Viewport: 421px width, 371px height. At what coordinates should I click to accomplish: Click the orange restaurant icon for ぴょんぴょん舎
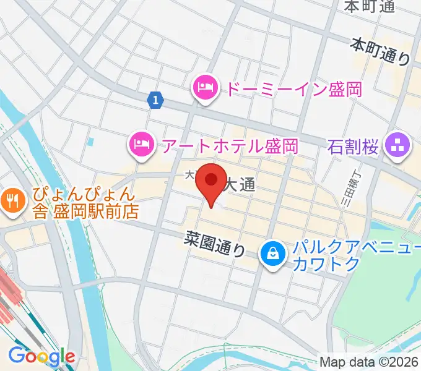point(12,200)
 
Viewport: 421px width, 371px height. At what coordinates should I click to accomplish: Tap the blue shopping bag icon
point(271,253)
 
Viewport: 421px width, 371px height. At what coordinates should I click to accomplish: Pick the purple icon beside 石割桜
point(397,147)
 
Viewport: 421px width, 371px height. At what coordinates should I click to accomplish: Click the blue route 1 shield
point(155,99)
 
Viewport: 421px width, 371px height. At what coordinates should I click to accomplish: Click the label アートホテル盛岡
point(229,146)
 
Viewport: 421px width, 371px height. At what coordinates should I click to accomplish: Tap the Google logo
point(41,356)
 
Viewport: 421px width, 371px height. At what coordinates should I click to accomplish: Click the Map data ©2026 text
point(370,362)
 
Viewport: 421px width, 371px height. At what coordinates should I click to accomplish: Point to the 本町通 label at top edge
point(369,6)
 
